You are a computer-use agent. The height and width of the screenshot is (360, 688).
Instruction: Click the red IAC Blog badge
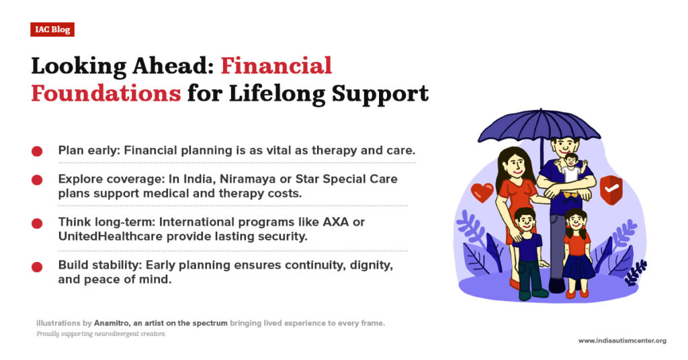tap(52, 30)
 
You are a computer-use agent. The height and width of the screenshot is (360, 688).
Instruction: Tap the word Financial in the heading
tap(276, 66)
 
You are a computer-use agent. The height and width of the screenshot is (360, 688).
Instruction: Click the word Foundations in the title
tap(105, 93)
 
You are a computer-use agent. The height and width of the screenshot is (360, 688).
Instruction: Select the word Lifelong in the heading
tap(277, 94)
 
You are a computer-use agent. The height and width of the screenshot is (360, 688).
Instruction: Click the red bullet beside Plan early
tap(37, 151)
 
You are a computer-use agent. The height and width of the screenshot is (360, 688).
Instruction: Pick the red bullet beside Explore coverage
tap(37, 180)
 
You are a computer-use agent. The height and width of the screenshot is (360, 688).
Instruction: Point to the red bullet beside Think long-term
tap(37, 223)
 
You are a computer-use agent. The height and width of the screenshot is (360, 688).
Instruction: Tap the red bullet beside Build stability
tap(37, 267)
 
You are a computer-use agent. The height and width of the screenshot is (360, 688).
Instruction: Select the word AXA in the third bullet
tap(336, 222)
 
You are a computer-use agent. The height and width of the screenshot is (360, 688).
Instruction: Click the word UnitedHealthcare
tap(111, 236)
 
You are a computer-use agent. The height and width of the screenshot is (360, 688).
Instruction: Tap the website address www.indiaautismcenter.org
tap(622, 341)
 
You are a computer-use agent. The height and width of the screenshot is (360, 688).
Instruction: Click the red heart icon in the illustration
tap(482, 192)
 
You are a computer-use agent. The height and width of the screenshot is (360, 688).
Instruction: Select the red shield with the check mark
tap(611, 190)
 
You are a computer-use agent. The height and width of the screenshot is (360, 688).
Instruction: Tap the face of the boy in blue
tap(525, 222)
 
